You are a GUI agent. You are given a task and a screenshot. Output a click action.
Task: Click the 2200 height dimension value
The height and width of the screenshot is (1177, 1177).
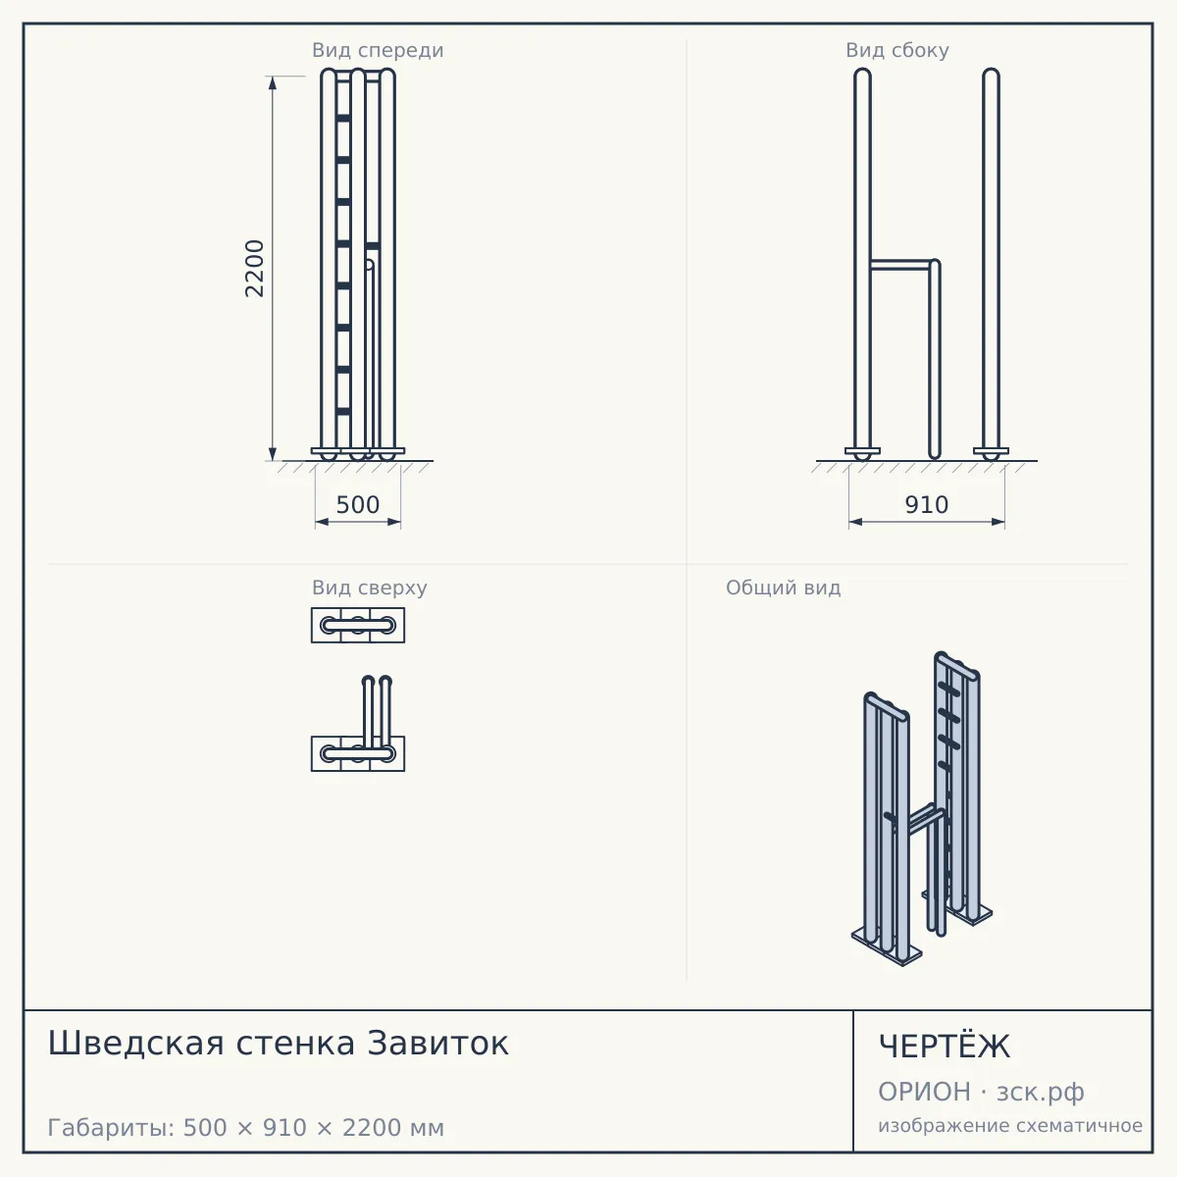(x=254, y=269)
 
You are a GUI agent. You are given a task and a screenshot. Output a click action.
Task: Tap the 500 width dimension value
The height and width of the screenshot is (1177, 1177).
(x=358, y=505)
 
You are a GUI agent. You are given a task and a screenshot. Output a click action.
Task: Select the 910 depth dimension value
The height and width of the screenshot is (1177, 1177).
(x=927, y=505)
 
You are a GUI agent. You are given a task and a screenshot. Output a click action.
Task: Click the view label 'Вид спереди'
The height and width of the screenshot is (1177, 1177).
(x=378, y=50)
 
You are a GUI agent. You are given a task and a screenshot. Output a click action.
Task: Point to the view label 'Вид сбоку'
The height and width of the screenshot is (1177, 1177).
(x=897, y=50)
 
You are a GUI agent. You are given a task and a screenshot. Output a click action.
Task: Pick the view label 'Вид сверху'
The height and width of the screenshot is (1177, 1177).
(x=370, y=588)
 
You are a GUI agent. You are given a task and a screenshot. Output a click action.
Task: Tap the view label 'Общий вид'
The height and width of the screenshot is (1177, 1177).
(x=783, y=588)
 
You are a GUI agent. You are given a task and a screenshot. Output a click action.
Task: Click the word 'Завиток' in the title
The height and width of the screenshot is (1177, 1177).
(x=437, y=1044)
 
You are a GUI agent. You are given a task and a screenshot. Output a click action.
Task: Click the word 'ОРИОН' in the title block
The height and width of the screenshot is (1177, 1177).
(x=924, y=1092)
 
